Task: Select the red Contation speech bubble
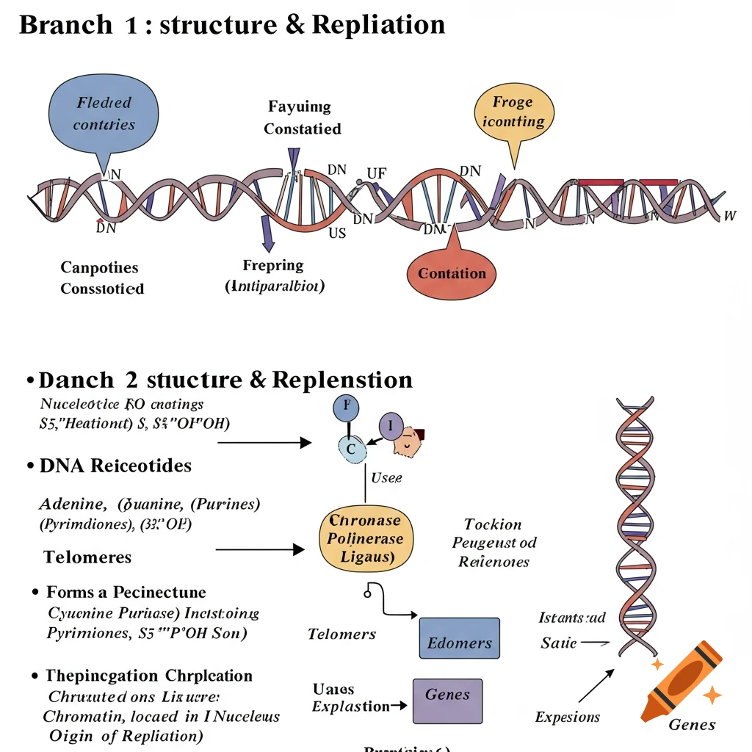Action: [x=452, y=273]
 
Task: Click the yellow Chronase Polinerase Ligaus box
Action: [x=366, y=539]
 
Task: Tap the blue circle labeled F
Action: [x=347, y=408]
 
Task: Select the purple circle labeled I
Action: [x=391, y=426]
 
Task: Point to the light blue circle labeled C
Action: [x=351, y=449]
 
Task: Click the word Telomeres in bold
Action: [x=87, y=557]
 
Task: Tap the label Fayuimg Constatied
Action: [x=302, y=118]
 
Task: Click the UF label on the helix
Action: [x=377, y=174]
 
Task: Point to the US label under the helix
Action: [x=336, y=234]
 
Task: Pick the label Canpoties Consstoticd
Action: [x=102, y=278]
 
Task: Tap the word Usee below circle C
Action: [x=386, y=478]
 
